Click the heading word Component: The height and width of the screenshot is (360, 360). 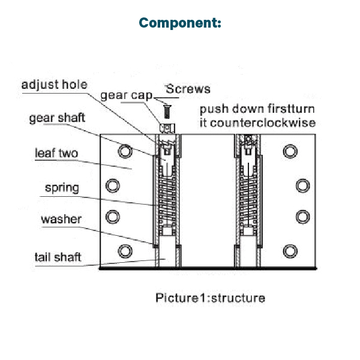click(x=180, y=23)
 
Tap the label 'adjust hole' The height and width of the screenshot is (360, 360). click(x=54, y=85)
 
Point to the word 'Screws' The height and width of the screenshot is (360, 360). click(x=188, y=89)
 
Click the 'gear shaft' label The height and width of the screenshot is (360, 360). click(x=57, y=118)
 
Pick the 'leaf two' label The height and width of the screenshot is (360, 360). click(x=56, y=153)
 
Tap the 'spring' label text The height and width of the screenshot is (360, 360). click(x=61, y=188)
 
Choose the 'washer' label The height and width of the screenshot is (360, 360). click(x=61, y=219)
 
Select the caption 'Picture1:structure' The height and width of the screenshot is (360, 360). click(x=210, y=298)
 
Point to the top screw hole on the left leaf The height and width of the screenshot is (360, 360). click(x=125, y=151)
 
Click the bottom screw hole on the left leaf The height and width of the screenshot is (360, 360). click(x=125, y=250)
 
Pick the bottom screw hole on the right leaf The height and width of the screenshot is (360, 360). click(x=290, y=250)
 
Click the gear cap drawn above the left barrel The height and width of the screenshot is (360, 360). click(x=166, y=127)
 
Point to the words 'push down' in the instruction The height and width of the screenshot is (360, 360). click(x=226, y=110)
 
